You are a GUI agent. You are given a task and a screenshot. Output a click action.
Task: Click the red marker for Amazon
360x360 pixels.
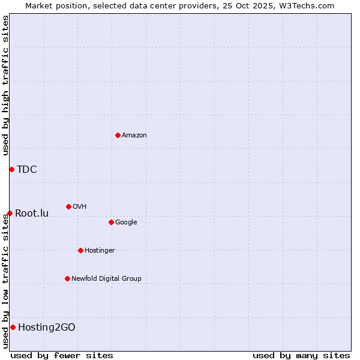(x=118, y=135)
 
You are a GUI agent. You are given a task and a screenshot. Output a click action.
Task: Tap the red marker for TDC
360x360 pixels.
(x=11, y=169)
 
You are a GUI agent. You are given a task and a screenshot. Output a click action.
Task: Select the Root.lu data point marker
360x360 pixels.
(x=10, y=213)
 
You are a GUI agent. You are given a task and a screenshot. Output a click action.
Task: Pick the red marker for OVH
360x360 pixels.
(x=68, y=206)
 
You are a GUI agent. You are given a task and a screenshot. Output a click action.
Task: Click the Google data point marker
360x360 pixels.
(x=111, y=222)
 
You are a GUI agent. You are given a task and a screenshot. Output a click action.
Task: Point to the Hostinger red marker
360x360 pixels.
(x=80, y=250)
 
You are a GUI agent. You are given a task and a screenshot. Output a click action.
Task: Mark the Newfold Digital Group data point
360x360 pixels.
(x=67, y=278)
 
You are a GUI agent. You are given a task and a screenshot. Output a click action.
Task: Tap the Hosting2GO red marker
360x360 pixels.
(x=13, y=327)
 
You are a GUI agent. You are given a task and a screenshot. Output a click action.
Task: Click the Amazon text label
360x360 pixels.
(x=134, y=135)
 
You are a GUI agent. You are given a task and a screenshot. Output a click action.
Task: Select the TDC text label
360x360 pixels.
(x=27, y=169)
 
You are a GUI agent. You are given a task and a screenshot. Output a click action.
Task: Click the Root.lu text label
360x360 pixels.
(x=32, y=213)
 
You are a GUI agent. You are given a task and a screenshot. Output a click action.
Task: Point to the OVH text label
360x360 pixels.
(x=80, y=206)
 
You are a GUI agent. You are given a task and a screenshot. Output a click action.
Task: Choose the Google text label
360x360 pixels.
(x=126, y=222)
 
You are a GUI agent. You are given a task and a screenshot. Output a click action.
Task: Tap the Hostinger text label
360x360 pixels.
(x=100, y=250)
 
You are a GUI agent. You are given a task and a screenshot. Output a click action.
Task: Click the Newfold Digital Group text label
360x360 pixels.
(x=106, y=278)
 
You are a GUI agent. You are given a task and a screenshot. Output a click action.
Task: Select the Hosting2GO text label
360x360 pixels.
(x=47, y=327)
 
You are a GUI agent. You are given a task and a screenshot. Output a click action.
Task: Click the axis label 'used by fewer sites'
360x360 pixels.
(x=62, y=355)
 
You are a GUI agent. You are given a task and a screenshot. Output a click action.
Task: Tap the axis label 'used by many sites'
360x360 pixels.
(x=301, y=355)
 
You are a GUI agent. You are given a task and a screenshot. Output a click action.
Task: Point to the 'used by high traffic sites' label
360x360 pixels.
(x=5, y=85)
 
